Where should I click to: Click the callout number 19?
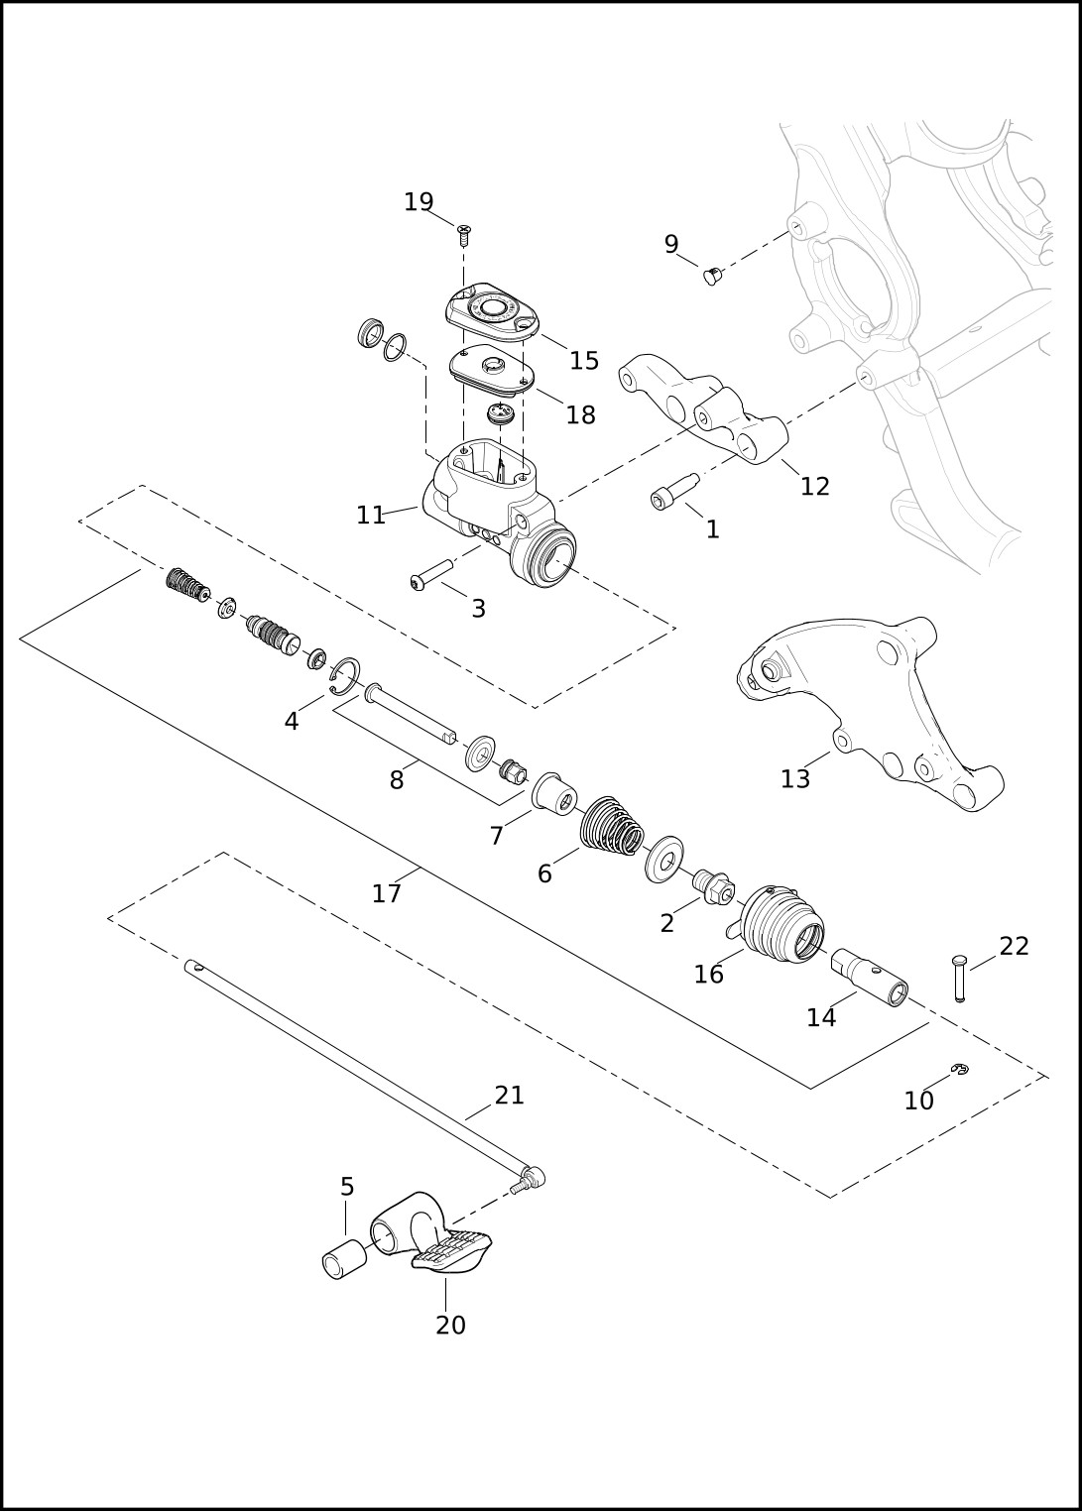419,202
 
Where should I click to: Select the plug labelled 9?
711,276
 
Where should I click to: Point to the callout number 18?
580,414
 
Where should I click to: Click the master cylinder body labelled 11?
500,513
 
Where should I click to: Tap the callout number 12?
814,486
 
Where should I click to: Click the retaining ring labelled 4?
345,675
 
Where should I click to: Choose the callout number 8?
397,780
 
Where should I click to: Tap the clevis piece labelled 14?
870,978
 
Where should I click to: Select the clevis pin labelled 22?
959,978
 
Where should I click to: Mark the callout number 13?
795,779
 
